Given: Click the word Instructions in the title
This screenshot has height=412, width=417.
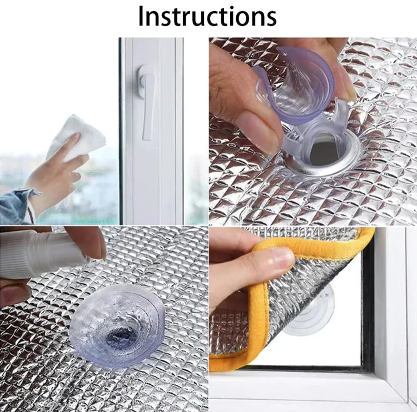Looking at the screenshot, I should tap(207, 16).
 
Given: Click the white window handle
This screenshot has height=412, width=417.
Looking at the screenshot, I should tap(147, 100).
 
